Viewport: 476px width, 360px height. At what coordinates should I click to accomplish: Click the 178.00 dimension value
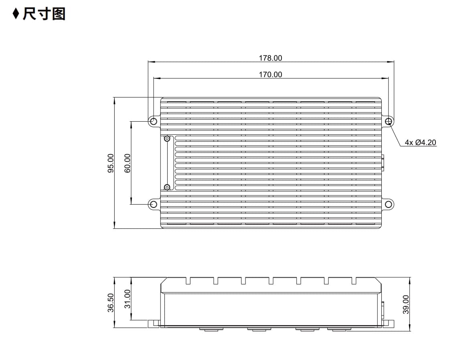[x=270, y=58]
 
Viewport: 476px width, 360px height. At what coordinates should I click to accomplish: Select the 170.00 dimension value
[x=270, y=74]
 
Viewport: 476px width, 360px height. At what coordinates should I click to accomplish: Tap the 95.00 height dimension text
[x=111, y=163]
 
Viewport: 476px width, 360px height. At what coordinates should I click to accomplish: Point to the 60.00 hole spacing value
[x=128, y=163]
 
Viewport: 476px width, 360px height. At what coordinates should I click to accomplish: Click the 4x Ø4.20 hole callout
[x=420, y=142]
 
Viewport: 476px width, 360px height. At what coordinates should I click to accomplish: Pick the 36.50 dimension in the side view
[x=111, y=303]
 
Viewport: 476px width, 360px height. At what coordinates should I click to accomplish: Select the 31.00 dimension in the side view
[x=128, y=299]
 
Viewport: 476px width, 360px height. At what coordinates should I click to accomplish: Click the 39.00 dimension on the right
[x=406, y=304]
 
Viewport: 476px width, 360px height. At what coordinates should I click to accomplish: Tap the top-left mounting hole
[x=154, y=121]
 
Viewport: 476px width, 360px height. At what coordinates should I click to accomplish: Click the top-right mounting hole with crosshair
[x=389, y=121]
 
